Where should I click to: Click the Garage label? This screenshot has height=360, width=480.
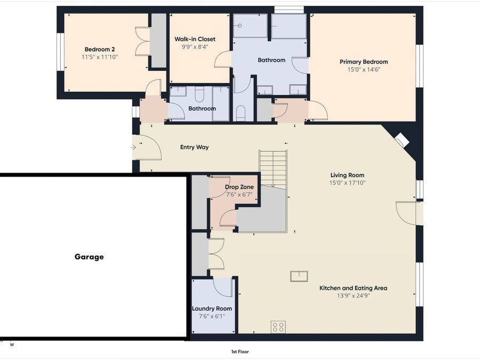pyautogui.click(x=89, y=257)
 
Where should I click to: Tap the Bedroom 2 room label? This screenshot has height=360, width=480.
pyautogui.click(x=100, y=49)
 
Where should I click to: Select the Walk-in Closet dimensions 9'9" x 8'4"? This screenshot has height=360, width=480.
pyautogui.click(x=195, y=47)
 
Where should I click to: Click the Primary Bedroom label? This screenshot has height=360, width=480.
pyautogui.click(x=364, y=62)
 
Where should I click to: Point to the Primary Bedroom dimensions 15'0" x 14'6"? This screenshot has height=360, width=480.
pyautogui.click(x=364, y=69)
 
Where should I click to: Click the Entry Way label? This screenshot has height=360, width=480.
pyautogui.click(x=194, y=147)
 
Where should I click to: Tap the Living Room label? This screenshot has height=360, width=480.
pyautogui.click(x=347, y=175)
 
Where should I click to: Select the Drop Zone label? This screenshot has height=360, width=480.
pyautogui.click(x=239, y=187)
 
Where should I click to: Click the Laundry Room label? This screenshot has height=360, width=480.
pyautogui.click(x=212, y=309)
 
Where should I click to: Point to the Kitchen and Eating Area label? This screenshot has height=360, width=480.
pyautogui.click(x=353, y=288)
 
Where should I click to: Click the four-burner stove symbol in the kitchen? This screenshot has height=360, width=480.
pyautogui.click(x=278, y=327)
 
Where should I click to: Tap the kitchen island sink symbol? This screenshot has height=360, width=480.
pyautogui.click(x=299, y=276)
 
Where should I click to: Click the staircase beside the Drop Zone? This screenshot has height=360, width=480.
pyautogui.click(x=273, y=168)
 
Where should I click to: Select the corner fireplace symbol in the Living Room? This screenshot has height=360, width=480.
pyautogui.click(x=402, y=140)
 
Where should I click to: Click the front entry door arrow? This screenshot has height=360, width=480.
pyautogui.click(x=133, y=148)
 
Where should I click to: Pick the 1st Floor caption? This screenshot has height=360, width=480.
pyautogui.click(x=240, y=352)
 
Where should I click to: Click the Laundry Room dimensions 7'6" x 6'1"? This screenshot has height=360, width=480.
pyautogui.click(x=212, y=316)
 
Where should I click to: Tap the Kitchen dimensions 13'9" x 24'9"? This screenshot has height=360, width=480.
pyautogui.click(x=353, y=295)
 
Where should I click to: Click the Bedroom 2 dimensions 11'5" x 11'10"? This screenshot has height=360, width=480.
pyautogui.click(x=100, y=57)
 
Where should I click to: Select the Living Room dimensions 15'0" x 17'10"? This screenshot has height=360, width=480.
pyautogui.click(x=347, y=183)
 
